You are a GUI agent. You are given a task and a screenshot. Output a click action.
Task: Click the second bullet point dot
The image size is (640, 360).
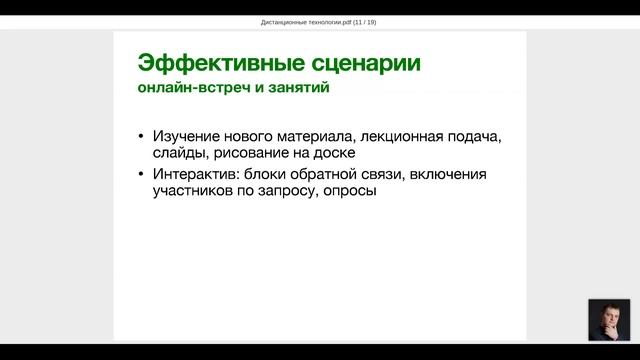tap(142, 175)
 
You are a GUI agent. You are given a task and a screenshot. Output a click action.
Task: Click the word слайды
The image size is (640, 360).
tap(180, 154)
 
